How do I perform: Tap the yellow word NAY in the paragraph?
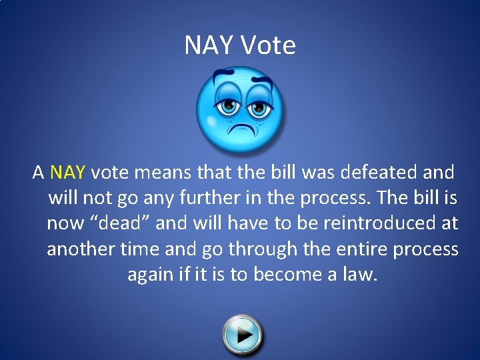(x=67, y=173)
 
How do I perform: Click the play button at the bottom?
(x=243, y=333)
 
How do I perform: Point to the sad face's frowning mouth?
(x=238, y=125)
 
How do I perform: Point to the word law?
(x=358, y=274)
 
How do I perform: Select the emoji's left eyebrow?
(x=223, y=81)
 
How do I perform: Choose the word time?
(x=139, y=249)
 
